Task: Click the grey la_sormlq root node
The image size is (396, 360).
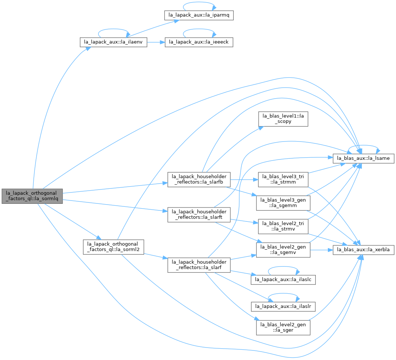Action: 32,196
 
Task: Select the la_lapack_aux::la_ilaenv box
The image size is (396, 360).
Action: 114,42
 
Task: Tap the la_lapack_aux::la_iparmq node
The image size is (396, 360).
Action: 199,15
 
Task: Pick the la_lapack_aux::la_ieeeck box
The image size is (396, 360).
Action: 199,42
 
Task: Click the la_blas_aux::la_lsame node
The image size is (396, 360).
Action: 363,158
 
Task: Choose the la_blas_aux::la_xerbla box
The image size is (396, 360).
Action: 363,250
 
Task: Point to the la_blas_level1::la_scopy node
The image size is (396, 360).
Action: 283,119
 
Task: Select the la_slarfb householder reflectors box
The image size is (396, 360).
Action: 199,180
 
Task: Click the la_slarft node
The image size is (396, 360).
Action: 199,214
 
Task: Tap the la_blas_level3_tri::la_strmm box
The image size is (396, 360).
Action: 283,180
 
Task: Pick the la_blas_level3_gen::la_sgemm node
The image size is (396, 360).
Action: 283,203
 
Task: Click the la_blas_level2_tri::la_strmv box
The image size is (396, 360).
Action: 283,227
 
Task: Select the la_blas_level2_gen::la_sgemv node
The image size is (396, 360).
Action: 283,250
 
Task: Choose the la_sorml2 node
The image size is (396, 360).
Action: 114,247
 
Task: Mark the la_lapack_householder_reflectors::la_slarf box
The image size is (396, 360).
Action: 199,265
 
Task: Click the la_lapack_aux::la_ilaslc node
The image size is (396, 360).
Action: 283,280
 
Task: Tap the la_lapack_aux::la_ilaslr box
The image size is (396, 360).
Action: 283,306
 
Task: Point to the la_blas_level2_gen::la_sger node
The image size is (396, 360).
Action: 283,328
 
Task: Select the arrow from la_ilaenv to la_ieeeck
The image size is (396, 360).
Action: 156,42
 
